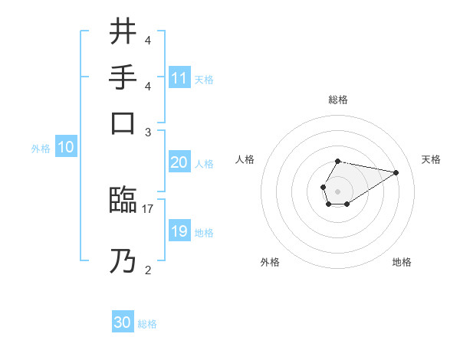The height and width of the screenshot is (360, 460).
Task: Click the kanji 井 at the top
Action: (123, 34)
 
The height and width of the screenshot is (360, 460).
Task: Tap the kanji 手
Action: (123, 77)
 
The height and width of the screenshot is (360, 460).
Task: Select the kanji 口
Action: (123, 123)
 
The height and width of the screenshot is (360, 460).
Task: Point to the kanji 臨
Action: (123, 201)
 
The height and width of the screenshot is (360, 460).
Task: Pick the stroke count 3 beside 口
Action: (148, 132)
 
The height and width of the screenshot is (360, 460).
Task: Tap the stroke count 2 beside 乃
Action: (148, 269)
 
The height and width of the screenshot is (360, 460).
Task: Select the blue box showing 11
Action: (179, 78)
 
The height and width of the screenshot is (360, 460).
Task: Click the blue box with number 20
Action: (179, 162)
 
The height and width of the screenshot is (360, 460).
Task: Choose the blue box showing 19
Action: (179, 231)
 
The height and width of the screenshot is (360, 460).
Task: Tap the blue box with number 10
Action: (65, 148)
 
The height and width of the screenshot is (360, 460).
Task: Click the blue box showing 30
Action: (123, 322)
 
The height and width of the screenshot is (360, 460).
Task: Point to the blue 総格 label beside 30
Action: (147, 324)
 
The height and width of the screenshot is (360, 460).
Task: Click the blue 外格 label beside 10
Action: (41, 149)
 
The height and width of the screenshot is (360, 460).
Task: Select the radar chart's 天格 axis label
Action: (431, 159)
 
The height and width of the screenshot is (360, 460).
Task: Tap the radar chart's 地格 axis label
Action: (402, 262)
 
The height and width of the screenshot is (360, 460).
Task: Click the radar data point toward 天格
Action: (396, 172)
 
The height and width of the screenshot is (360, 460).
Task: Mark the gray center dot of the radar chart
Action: (337, 191)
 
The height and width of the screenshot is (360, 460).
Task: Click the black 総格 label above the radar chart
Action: (338, 100)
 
